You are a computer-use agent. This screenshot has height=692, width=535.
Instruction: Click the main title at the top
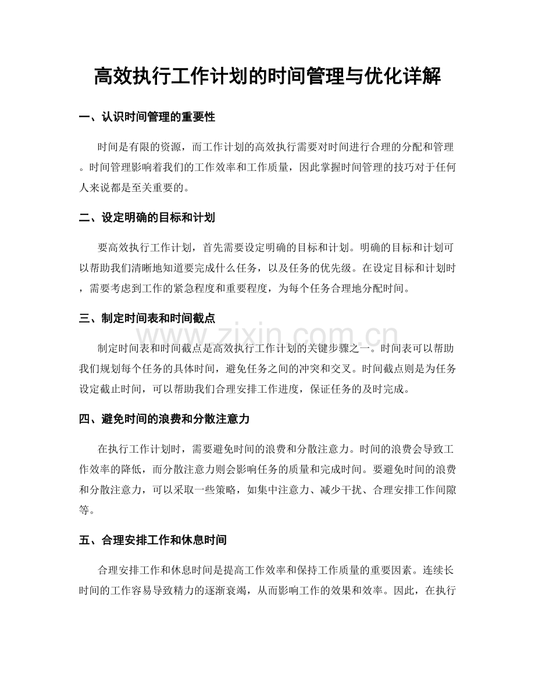pos(267,76)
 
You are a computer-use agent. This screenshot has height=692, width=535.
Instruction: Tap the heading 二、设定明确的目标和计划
pos(147,218)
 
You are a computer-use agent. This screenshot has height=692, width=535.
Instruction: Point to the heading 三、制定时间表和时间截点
pos(147,319)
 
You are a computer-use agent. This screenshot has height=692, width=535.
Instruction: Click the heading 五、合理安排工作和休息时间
pos(152,540)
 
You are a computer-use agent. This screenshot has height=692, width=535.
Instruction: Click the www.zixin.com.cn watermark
pos(267,337)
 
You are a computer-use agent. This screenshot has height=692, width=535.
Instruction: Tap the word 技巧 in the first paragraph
pos(385,166)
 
